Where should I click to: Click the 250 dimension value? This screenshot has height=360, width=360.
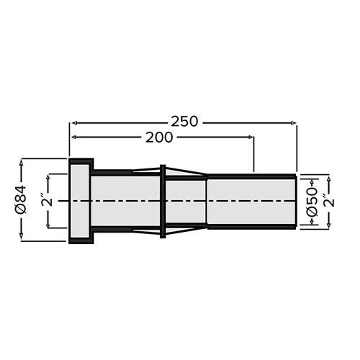(184, 122)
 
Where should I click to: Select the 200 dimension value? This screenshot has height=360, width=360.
(159, 138)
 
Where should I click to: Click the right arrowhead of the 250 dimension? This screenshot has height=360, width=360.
(293, 123)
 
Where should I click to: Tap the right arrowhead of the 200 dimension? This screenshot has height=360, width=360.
(251, 138)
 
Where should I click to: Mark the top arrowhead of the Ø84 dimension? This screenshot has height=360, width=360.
(22, 161)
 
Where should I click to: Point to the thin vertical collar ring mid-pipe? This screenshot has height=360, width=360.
(163, 201)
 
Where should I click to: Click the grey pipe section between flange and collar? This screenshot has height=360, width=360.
(126, 201)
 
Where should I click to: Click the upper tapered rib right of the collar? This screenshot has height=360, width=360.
(186, 171)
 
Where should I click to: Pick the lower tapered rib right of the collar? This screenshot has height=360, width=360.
(186, 230)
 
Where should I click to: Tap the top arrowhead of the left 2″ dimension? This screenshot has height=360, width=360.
(48, 176)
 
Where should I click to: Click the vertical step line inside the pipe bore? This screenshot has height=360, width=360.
(207, 201)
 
